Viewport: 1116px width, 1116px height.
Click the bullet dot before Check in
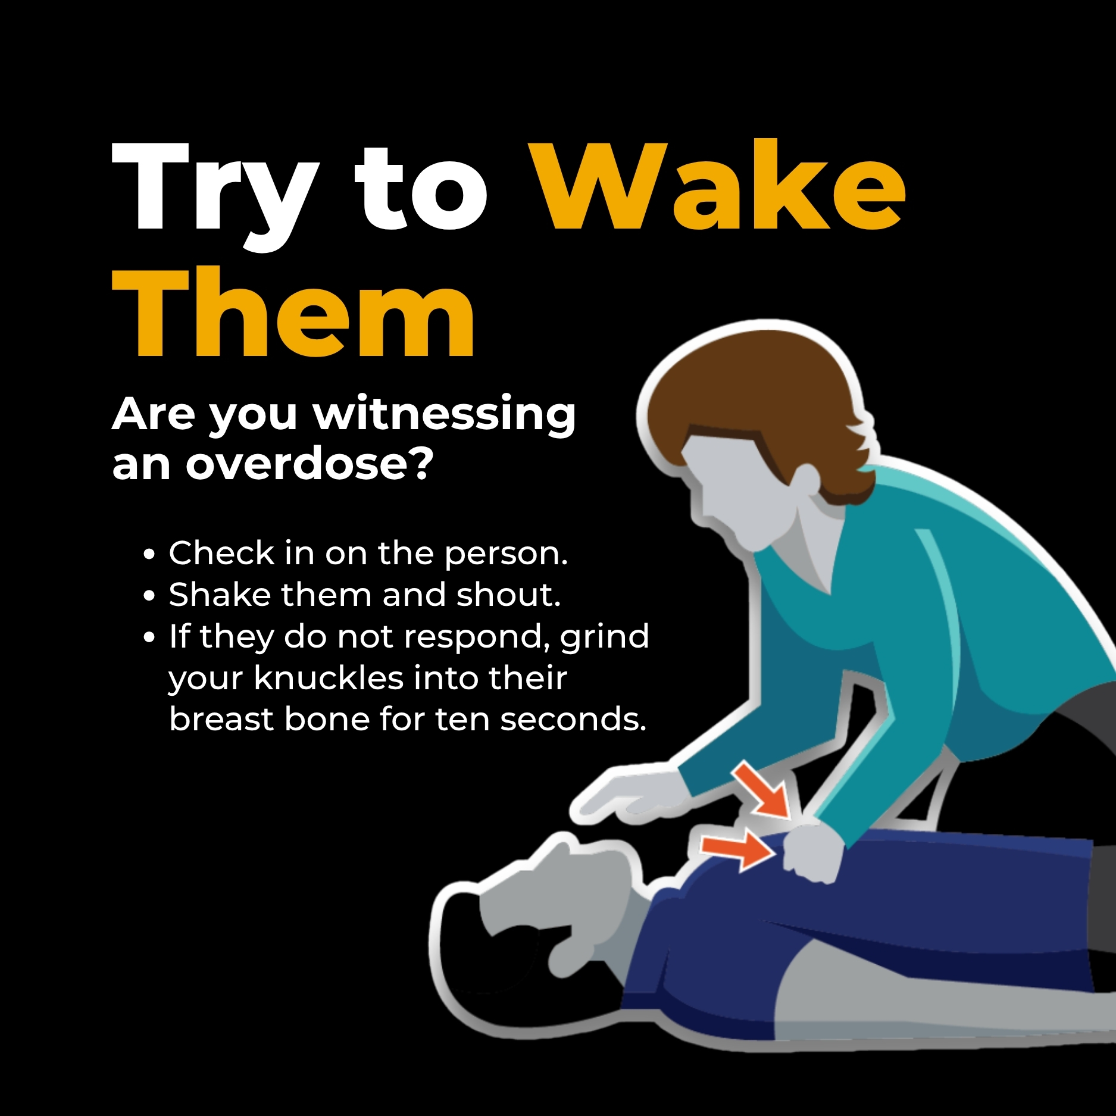[149, 555]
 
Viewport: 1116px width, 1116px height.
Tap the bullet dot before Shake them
[149, 596]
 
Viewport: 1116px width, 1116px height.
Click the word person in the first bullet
[505, 555]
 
